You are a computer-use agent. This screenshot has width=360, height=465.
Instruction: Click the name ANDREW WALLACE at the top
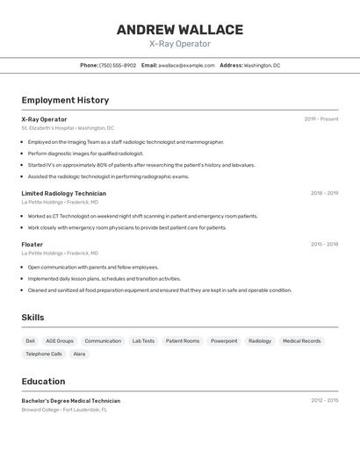coord(179,30)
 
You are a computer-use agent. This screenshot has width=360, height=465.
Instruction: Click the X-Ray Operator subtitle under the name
coord(179,44)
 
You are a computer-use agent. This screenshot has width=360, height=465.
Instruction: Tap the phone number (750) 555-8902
coord(118,65)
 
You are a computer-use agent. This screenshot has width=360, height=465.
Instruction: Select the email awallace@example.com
coord(186,65)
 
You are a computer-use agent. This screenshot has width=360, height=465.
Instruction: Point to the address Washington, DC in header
coord(262,65)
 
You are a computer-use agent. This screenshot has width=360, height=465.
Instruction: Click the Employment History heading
coord(65,100)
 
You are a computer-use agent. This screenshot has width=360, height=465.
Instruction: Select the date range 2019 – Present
coord(320,119)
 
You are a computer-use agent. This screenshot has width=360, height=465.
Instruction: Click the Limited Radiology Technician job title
coord(63,193)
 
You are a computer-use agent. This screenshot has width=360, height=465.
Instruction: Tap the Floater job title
coord(32,245)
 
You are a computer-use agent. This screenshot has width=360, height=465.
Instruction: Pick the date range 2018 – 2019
coord(324,193)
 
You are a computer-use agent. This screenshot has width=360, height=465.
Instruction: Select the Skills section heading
coord(33,317)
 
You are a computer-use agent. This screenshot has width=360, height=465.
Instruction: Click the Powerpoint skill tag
coord(224,340)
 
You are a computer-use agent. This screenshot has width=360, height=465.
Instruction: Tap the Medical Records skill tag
coord(301,340)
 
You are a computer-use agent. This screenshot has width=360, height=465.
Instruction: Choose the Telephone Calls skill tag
coord(44,354)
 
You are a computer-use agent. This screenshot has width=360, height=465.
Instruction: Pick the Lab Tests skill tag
coord(143,340)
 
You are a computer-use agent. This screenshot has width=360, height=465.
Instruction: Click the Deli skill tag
coord(31,340)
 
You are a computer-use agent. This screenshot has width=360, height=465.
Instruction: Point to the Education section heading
coord(43,381)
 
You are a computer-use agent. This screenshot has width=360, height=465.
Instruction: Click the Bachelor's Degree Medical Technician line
coord(70,401)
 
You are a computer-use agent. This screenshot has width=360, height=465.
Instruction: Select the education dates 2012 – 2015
coord(324,400)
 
